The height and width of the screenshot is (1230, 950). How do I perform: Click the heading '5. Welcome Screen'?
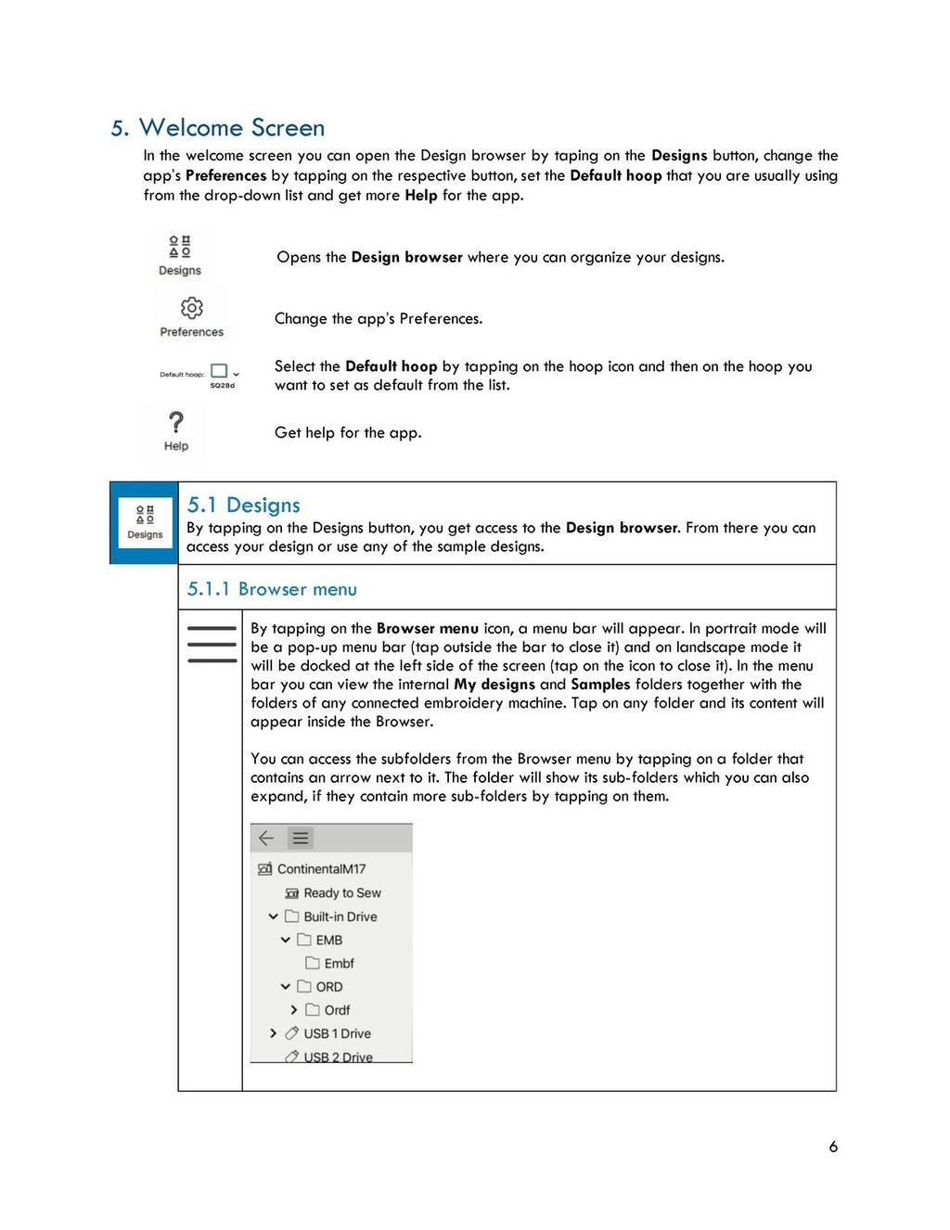pyautogui.click(x=218, y=128)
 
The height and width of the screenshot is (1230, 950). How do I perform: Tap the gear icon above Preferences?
pyautogui.click(x=192, y=308)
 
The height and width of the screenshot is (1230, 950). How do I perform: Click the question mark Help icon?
pyautogui.click(x=176, y=423)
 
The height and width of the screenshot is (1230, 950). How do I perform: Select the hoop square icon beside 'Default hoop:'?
pyautogui.click(x=220, y=371)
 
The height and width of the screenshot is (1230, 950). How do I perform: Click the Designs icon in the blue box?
pyautogui.click(x=145, y=522)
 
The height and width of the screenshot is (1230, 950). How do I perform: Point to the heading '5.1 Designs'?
pyautogui.click(x=244, y=506)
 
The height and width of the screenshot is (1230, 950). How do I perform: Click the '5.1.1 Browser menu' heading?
pyautogui.click(x=272, y=590)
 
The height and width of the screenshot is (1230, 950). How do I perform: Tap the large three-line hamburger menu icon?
pyautogui.click(x=212, y=645)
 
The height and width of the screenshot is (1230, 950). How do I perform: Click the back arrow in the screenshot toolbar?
pyautogui.click(x=266, y=839)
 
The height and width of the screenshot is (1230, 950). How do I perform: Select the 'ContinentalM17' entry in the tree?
pyautogui.click(x=321, y=869)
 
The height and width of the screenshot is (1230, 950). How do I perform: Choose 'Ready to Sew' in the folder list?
pyautogui.click(x=341, y=893)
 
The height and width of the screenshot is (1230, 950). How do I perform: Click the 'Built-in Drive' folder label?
pyautogui.click(x=340, y=916)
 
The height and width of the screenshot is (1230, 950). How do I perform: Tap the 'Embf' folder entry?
pyautogui.click(x=339, y=964)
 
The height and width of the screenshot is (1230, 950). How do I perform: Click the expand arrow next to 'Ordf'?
pyautogui.click(x=294, y=1010)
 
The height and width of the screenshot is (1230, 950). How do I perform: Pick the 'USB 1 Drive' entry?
pyautogui.click(x=337, y=1033)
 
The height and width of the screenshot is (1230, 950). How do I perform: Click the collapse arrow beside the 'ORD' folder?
pyautogui.click(x=286, y=987)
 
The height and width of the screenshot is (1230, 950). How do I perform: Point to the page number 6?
pyautogui.click(x=833, y=1147)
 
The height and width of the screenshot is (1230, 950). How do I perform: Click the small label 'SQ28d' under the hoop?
pyautogui.click(x=223, y=386)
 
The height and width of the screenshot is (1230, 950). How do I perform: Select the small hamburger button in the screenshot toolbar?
pyautogui.click(x=301, y=839)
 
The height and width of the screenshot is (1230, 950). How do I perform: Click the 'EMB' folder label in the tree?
pyautogui.click(x=328, y=941)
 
